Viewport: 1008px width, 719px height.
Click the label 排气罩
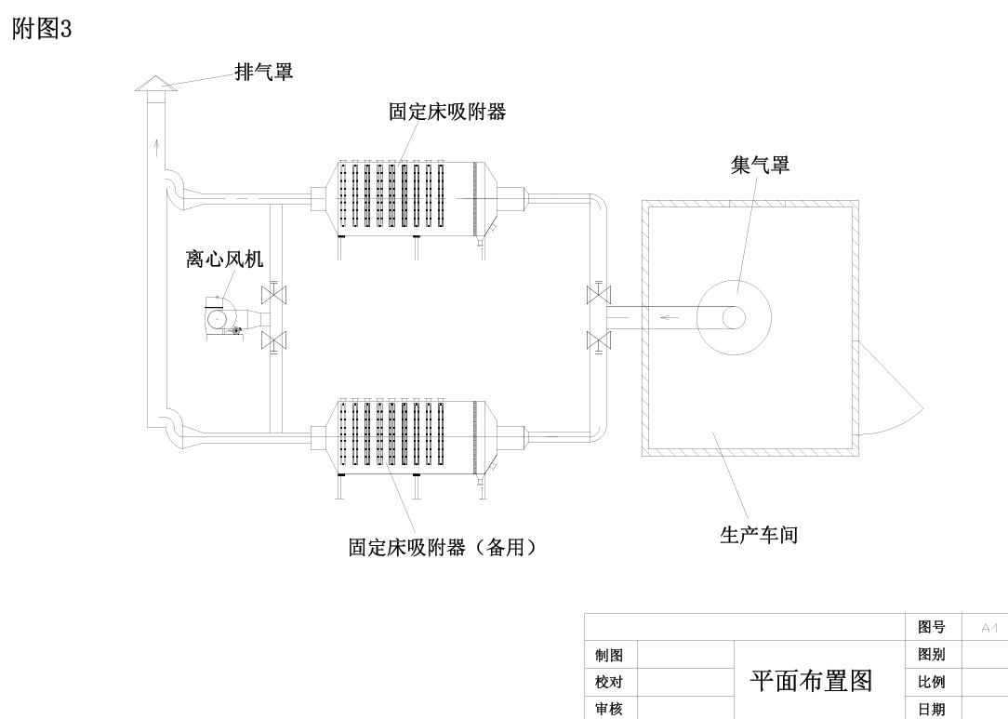pyautogui.click(x=263, y=72)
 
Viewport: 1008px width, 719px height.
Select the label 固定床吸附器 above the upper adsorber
pyautogui.click(x=447, y=112)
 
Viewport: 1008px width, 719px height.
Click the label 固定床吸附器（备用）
pyautogui.click(x=443, y=548)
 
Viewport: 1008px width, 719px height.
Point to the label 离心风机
pyautogui.click(x=224, y=260)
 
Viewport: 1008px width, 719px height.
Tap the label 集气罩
pyautogui.click(x=760, y=166)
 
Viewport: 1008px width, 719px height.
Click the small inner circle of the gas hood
pyautogui.click(x=734, y=317)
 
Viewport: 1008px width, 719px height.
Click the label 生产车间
pyautogui.click(x=758, y=535)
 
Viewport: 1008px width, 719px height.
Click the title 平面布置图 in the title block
pyautogui.click(x=811, y=682)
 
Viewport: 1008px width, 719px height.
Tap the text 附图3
pyautogui.click(x=41, y=30)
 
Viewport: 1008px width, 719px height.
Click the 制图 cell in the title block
pyautogui.click(x=610, y=656)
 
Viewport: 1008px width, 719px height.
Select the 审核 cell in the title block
pyautogui.click(x=610, y=710)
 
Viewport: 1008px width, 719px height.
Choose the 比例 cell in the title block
pyautogui.click(x=932, y=682)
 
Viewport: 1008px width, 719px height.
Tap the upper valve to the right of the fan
pyautogui.click(x=274, y=295)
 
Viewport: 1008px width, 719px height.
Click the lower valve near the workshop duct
pyautogui.click(x=599, y=340)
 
